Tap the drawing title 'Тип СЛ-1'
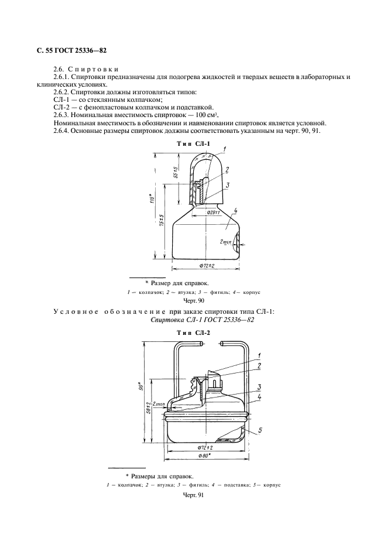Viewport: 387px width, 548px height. click(x=193, y=143)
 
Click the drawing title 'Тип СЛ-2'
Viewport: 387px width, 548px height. click(x=193, y=333)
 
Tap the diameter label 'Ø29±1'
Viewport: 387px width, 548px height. click(x=214, y=213)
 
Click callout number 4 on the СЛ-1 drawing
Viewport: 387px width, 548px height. click(x=235, y=210)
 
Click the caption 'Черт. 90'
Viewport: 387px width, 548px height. click(x=193, y=301)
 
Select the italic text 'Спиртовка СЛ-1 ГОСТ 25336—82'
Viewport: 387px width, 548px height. click(x=202, y=320)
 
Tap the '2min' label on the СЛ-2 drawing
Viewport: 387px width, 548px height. click(x=158, y=404)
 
